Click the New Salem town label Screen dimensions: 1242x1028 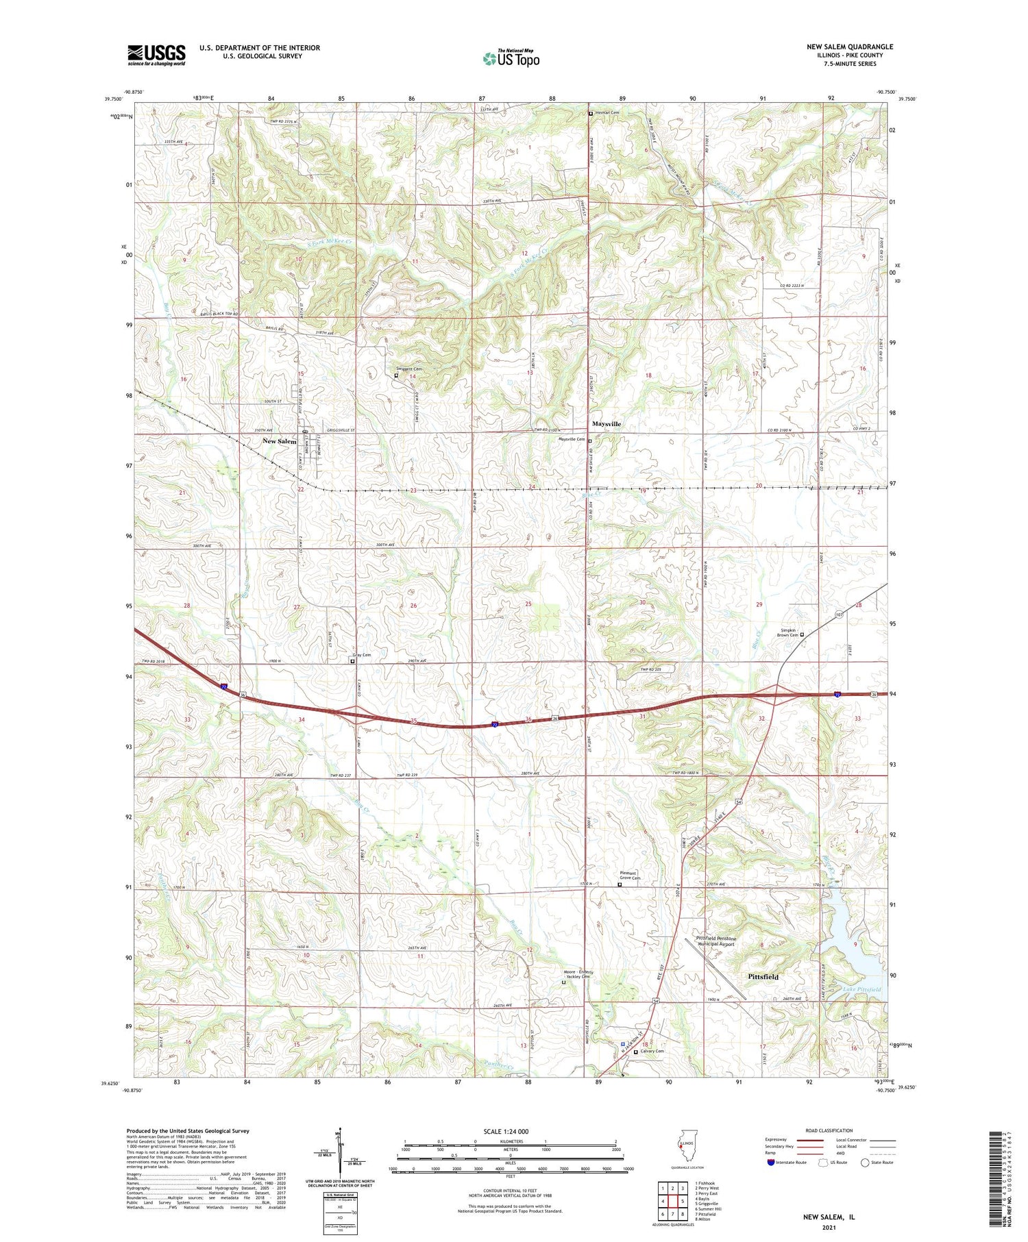280,441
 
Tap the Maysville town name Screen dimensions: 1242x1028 607,424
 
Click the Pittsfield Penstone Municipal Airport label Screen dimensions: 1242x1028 716,941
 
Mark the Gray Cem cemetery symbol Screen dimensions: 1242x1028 354,662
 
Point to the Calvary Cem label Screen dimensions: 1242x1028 651,1051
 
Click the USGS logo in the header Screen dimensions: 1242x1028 156,55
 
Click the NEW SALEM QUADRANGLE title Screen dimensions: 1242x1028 850,47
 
